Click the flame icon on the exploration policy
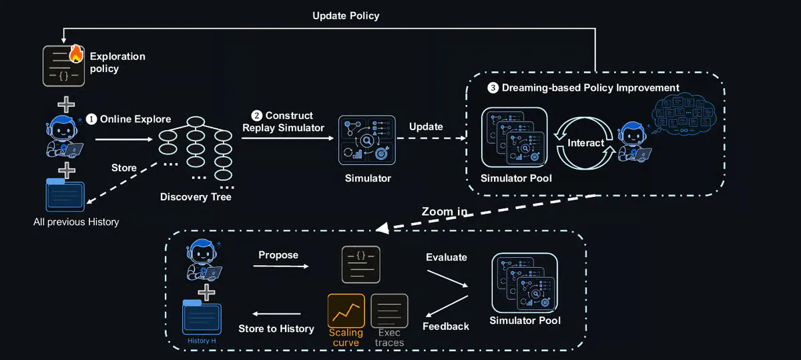pos(76,53)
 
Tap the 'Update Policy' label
pos(346,16)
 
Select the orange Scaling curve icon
pos(346,311)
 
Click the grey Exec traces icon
pos(389,311)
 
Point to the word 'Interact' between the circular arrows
pos(586,143)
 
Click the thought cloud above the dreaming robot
pos(684,113)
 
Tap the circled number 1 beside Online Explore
pos(91,119)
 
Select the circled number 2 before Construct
pos(256,116)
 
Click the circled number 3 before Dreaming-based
pos(493,87)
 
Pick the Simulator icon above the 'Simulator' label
pos(367,140)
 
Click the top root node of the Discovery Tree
pos(196,122)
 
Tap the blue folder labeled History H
pos(202,317)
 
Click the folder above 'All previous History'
pos(65,195)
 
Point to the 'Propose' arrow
pos(281,266)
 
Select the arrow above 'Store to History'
pos(276,314)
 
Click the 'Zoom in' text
pos(445,212)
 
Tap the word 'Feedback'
pos(446,327)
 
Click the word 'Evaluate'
pos(447,257)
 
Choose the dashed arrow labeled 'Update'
pos(431,138)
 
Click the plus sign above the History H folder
pos(206,293)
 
